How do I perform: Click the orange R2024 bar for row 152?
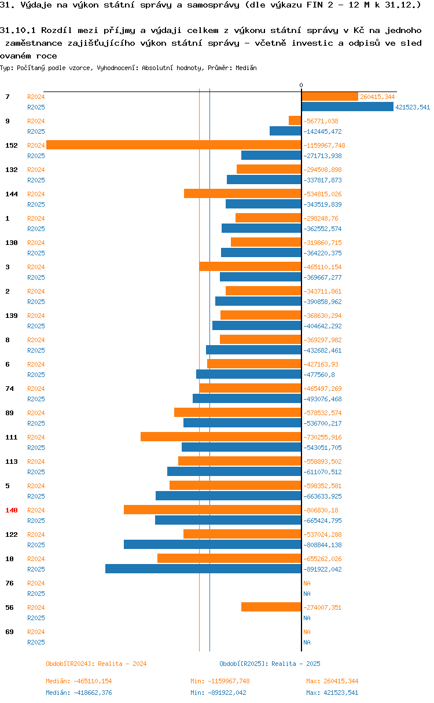point(174,145)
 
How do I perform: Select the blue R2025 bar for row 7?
point(347,107)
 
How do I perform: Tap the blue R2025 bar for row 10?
point(203,569)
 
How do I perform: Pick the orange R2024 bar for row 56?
point(271,607)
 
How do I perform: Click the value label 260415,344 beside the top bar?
point(377,97)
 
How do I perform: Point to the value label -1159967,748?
point(324,145)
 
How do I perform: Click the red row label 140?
point(11,510)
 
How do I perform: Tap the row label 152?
point(11,145)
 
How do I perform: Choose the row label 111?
point(11,437)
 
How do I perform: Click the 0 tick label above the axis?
point(301,86)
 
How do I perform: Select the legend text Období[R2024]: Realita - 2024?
point(96,664)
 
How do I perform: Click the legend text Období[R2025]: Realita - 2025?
point(270,664)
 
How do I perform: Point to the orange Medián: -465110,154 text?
point(79,681)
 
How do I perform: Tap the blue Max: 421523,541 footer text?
point(332,693)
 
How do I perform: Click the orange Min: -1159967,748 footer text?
point(220,681)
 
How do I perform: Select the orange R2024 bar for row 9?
point(295,121)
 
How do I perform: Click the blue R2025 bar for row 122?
point(212,545)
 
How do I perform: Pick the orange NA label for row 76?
point(307,583)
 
